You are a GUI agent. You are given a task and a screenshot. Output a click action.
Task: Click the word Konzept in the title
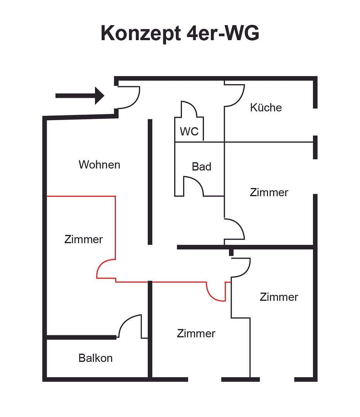140,34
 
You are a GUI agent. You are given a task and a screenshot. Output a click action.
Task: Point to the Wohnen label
99,164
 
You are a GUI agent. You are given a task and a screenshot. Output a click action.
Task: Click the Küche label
266,107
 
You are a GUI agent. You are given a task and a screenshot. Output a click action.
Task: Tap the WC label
189,131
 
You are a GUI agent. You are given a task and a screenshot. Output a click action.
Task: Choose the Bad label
201,166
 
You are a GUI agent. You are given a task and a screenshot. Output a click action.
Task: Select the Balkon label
95,358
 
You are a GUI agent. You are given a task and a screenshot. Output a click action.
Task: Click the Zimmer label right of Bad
269,192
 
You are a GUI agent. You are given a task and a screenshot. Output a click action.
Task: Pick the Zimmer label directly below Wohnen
83,239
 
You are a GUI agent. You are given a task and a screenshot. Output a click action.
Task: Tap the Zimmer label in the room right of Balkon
196,333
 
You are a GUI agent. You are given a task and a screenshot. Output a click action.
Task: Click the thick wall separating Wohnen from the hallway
150,181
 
